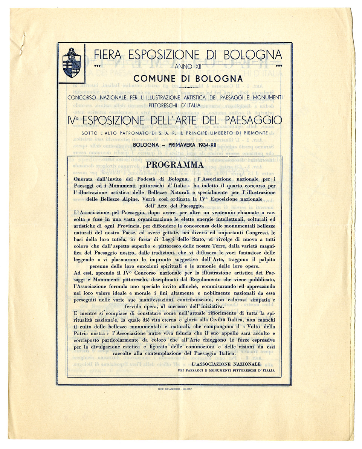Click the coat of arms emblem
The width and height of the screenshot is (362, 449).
pyautogui.click(x=72, y=63)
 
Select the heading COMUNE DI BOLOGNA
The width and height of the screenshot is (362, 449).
pyautogui.click(x=188, y=79)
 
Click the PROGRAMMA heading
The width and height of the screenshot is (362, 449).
pyautogui.click(x=175, y=165)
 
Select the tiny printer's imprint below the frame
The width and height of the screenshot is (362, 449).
pyautogui.click(x=174, y=389)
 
